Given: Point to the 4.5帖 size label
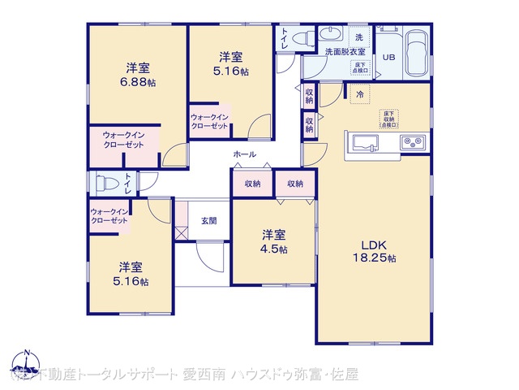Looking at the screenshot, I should point(273,249).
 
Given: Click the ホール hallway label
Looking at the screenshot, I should point(244,154).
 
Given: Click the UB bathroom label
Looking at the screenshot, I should point(388,57).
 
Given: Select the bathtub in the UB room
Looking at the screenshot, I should point(418,52).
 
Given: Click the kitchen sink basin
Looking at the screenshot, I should point(364,144).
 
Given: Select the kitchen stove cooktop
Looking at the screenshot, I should point(414,144).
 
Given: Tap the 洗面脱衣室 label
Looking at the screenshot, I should point(345,51).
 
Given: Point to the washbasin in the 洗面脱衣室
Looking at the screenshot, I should point(332,35).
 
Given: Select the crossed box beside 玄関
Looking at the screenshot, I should point(182,233).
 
